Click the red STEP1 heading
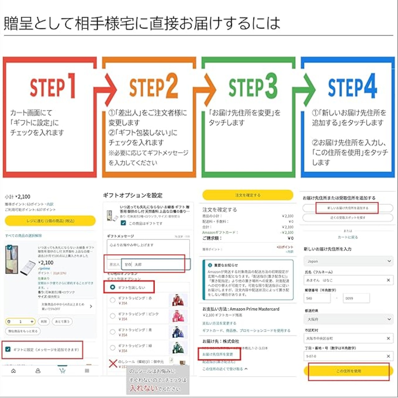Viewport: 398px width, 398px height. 52,86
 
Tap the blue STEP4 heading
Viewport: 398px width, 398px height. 352,86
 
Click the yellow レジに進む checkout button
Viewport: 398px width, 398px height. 50,221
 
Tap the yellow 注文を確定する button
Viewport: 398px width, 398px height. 248,195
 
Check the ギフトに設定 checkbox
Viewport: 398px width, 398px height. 8,349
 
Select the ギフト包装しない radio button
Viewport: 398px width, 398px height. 113,287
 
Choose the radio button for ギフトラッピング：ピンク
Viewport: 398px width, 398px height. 113,316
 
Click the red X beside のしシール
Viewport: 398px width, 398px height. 113,363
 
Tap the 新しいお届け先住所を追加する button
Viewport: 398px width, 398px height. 347,208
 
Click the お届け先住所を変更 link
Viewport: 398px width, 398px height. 218,354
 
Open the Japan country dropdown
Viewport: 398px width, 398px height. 348,261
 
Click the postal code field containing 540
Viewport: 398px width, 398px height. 317,298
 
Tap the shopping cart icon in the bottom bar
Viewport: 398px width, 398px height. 62,370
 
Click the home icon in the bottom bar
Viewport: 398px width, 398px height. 13,371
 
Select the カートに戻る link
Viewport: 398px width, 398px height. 348,237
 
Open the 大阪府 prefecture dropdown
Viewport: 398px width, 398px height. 348,319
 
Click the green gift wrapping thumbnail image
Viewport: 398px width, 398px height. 178,348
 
